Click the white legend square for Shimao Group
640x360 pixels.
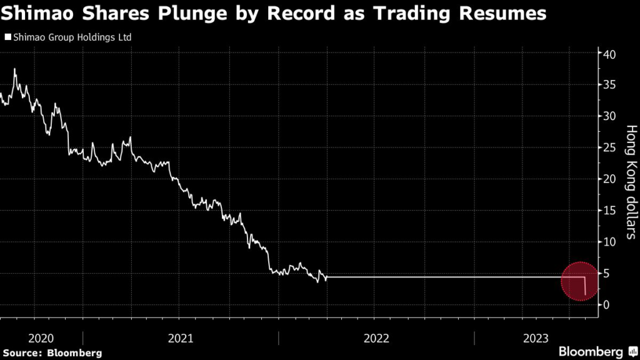pyautogui.click(x=7, y=37)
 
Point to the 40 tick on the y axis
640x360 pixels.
pyautogui.click(x=610, y=54)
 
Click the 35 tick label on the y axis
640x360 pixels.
pyautogui.click(x=610, y=85)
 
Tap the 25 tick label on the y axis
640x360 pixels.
pyautogui.click(x=610, y=147)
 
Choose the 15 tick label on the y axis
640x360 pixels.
pyautogui.click(x=610, y=211)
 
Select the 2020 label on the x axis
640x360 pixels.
pyautogui.click(x=41, y=338)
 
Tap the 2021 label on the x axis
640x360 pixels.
pyautogui.click(x=180, y=338)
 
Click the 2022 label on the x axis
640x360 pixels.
pyautogui.click(x=376, y=338)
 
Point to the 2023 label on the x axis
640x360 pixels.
pyautogui.click(x=536, y=338)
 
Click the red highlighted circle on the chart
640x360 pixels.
pyautogui.click(x=582, y=281)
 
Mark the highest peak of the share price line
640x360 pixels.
pyautogui.click(x=14, y=69)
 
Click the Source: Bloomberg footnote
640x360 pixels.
pyautogui.click(x=51, y=352)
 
